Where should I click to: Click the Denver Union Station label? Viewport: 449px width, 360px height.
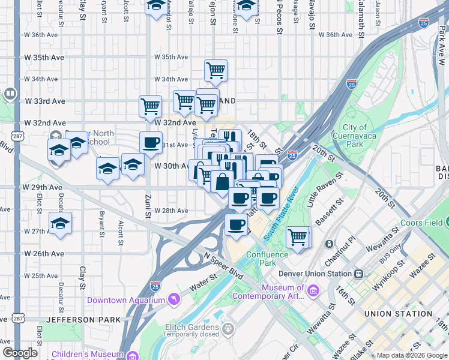[x=315, y=274]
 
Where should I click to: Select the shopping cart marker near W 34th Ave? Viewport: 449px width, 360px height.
[x=215, y=70]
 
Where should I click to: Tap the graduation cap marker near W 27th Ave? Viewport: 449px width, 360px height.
[x=60, y=223]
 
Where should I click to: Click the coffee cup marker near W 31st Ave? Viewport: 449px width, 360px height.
[x=151, y=142]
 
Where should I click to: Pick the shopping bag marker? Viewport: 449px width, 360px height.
[x=222, y=181]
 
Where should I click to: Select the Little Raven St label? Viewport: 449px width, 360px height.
[x=324, y=190]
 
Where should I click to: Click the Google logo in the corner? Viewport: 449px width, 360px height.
[x=20, y=353]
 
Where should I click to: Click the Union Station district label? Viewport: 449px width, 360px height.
[x=397, y=314]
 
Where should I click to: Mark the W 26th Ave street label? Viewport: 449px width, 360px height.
[x=43, y=254]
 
